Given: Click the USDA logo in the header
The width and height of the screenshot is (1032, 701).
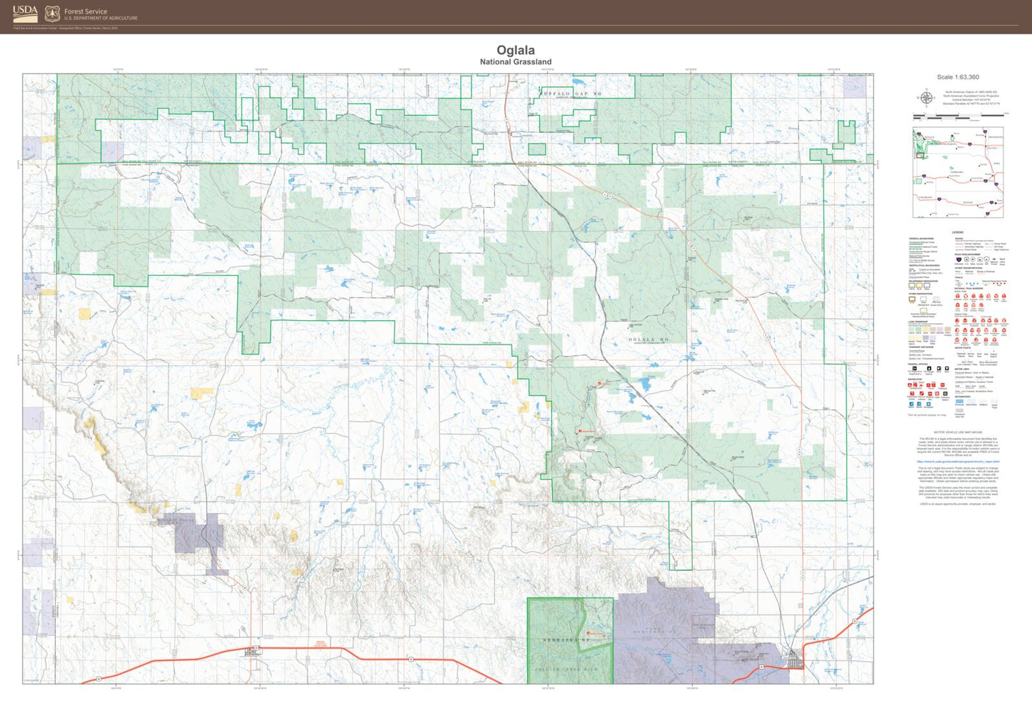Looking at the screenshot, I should (24, 14).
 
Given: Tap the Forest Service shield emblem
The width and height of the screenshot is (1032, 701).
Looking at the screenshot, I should (52, 14).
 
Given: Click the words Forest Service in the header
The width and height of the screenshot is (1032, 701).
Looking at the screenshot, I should (86, 11).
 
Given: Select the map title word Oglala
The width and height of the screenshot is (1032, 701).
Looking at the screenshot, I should (516, 50).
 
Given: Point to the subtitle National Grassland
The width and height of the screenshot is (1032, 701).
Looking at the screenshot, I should (516, 62).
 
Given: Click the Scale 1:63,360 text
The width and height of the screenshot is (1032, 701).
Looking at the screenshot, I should (958, 77).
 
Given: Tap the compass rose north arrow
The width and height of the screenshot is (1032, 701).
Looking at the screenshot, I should (926, 98).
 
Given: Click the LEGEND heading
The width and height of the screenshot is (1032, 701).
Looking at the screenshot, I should (958, 232).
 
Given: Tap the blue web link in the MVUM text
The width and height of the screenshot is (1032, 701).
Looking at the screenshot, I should (958, 462).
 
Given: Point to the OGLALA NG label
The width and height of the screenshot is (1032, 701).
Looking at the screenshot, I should (648, 340).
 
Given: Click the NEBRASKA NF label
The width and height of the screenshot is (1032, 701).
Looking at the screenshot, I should (566, 640).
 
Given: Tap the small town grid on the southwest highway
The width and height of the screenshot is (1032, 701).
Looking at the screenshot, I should (253, 651).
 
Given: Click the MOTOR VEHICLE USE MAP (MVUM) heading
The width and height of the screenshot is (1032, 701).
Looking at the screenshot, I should (958, 432).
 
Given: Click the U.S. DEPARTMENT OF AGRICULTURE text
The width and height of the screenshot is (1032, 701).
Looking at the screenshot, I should (101, 19).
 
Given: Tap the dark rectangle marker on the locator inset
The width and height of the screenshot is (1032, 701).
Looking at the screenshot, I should (920, 154).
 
